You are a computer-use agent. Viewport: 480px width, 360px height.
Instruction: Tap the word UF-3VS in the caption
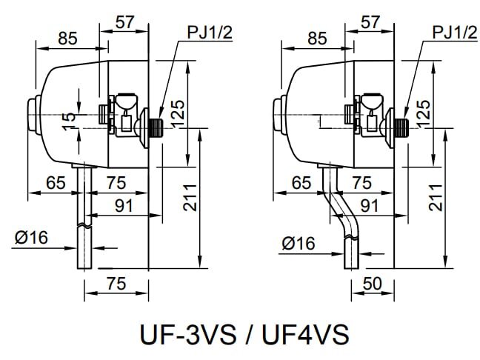(186, 333)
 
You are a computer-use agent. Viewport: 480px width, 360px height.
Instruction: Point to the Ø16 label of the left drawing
(31, 237)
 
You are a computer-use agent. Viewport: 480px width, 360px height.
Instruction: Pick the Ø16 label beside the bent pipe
(299, 242)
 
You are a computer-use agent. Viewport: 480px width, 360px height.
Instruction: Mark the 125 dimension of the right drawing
(424, 113)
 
